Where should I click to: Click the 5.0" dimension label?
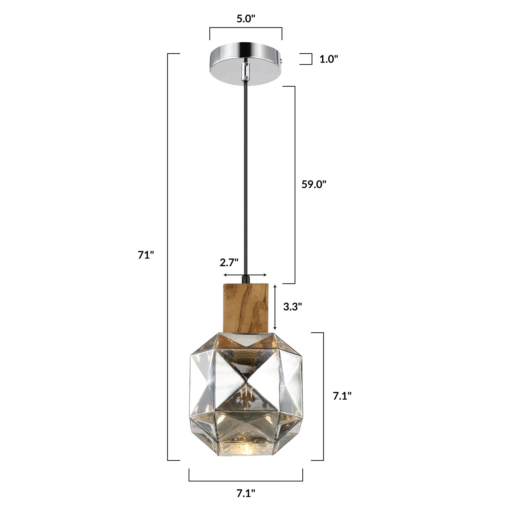point(246,19)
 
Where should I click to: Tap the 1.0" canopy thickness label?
point(329,59)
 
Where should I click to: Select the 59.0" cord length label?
point(314,184)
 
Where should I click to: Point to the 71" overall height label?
point(146,255)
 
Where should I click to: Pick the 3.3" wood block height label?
point(292,307)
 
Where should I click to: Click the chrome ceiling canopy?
point(246,64)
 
